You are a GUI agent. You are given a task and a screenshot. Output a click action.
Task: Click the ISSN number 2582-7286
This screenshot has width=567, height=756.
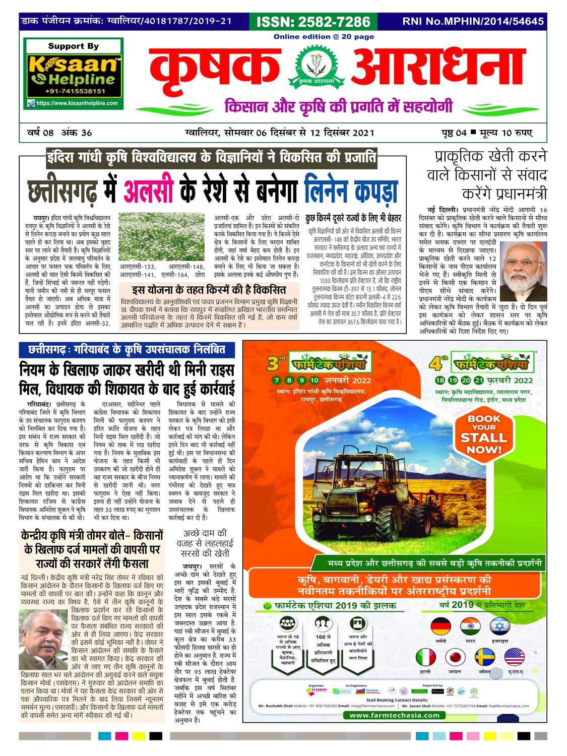pyautogui.click(x=313, y=22)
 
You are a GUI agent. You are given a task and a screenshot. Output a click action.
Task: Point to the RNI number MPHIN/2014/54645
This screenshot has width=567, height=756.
pyautogui.click(x=473, y=22)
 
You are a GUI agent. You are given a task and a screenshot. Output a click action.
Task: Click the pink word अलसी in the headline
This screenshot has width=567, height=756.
pyautogui.click(x=148, y=191)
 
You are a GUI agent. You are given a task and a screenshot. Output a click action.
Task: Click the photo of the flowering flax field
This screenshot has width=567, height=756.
pyautogui.click(x=162, y=236)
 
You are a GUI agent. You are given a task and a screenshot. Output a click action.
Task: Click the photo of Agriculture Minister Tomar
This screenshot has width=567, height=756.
pyautogui.click(x=44, y=639)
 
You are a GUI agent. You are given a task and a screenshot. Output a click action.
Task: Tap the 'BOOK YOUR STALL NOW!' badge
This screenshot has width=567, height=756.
pyautogui.click(x=484, y=433)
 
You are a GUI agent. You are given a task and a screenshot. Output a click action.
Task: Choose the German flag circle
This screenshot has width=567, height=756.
pyautogui.click(x=441, y=627)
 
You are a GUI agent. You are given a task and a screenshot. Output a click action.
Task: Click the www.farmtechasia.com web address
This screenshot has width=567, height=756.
pyautogui.click(x=395, y=715)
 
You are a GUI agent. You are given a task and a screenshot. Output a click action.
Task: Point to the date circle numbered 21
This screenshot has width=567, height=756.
pyautogui.click(x=478, y=381)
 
